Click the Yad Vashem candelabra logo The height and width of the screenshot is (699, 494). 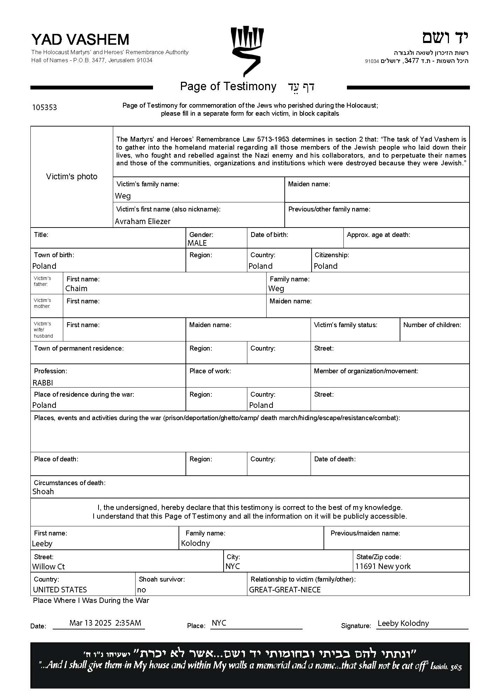[247, 51]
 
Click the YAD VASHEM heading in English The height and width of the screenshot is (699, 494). [80, 40]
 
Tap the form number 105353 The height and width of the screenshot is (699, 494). [44, 107]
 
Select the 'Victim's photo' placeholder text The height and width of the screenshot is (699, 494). [72, 176]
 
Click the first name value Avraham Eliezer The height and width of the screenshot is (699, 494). [143, 221]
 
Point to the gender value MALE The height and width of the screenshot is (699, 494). [197, 243]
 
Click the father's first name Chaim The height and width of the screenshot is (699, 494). [76, 288]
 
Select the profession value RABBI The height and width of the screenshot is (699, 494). [43, 383]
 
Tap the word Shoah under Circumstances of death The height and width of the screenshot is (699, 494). [43, 491]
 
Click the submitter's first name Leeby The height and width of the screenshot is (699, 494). [42, 543]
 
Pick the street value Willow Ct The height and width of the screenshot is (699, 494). [49, 567]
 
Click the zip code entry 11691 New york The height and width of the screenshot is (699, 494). [383, 566]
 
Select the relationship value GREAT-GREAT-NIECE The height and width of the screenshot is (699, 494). [285, 590]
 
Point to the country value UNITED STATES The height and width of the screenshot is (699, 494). [60, 590]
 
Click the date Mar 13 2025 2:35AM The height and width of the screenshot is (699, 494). [105, 622]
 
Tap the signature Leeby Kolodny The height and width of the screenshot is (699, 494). [403, 623]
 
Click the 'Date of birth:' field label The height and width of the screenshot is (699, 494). [269, 235]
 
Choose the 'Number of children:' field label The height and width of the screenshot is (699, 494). [432, 325]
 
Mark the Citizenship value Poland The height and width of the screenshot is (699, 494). [326, 266]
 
